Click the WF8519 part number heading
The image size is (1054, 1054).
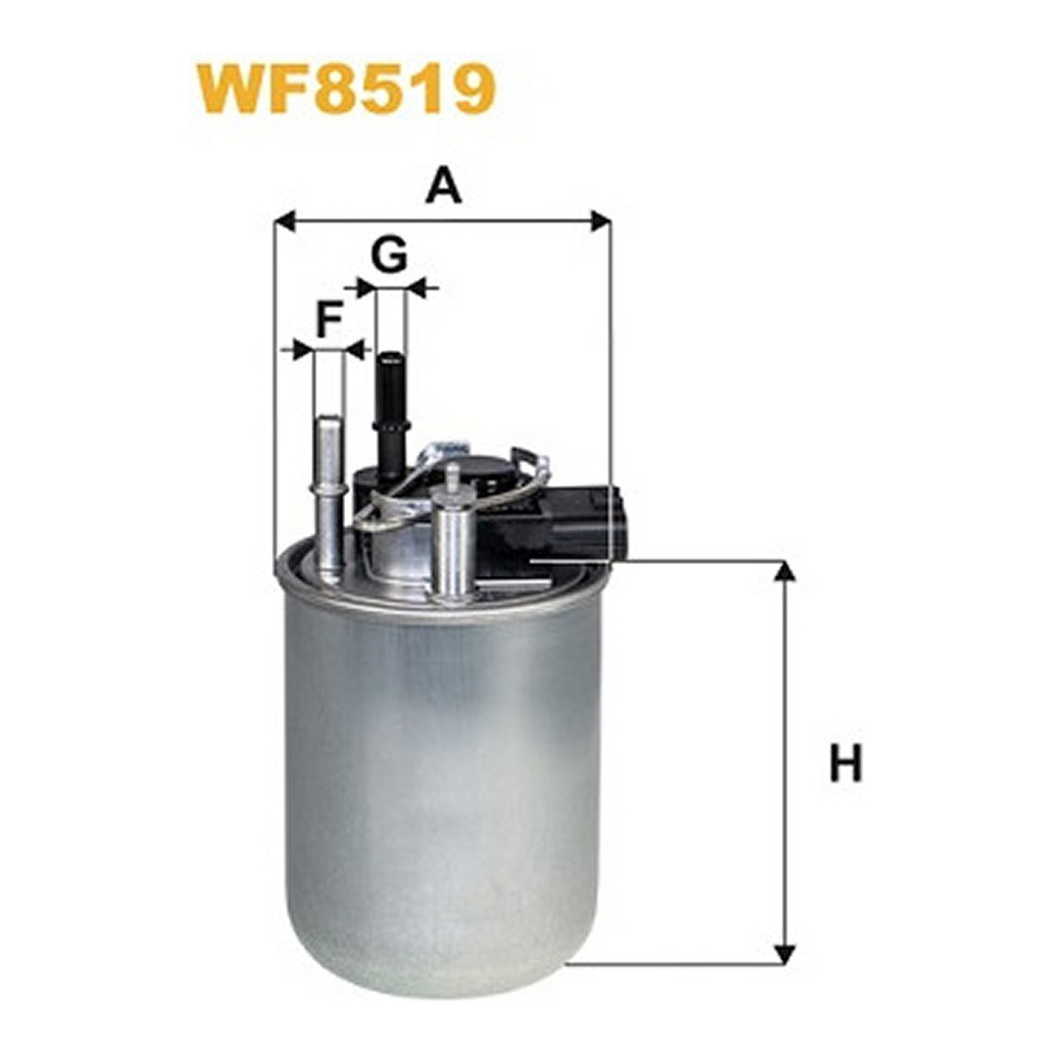click(x=347, y=90)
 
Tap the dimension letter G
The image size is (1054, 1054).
click(x=389, y=255)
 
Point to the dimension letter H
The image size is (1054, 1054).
click(x=845, y=762)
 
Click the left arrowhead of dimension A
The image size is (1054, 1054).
click(x=284, y=222)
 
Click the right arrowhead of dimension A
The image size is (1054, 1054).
click(x=601, y=222)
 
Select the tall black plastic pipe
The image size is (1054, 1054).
click(x=392, y=417)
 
